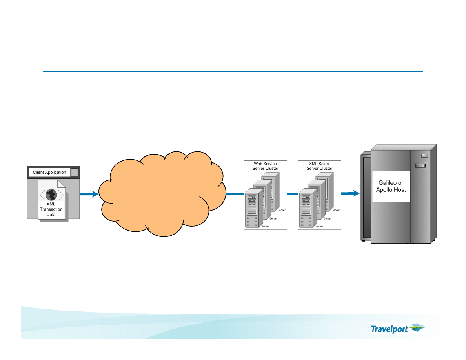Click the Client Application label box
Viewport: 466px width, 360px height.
49,172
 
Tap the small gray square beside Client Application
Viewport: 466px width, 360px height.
75,172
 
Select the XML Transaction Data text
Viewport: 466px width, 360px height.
51,209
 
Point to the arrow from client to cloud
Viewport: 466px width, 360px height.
89,194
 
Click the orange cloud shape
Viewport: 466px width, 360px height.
161,194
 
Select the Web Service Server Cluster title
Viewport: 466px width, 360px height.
265,166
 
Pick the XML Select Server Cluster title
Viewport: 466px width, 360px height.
319,166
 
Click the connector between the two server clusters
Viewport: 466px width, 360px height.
292,193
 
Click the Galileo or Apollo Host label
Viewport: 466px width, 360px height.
391,186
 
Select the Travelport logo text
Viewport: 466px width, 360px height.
389,329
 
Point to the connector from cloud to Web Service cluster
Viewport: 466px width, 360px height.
234,193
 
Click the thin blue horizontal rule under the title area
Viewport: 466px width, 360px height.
233,72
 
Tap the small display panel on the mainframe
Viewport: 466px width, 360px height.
421,166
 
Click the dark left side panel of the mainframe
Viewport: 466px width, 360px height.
366,198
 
